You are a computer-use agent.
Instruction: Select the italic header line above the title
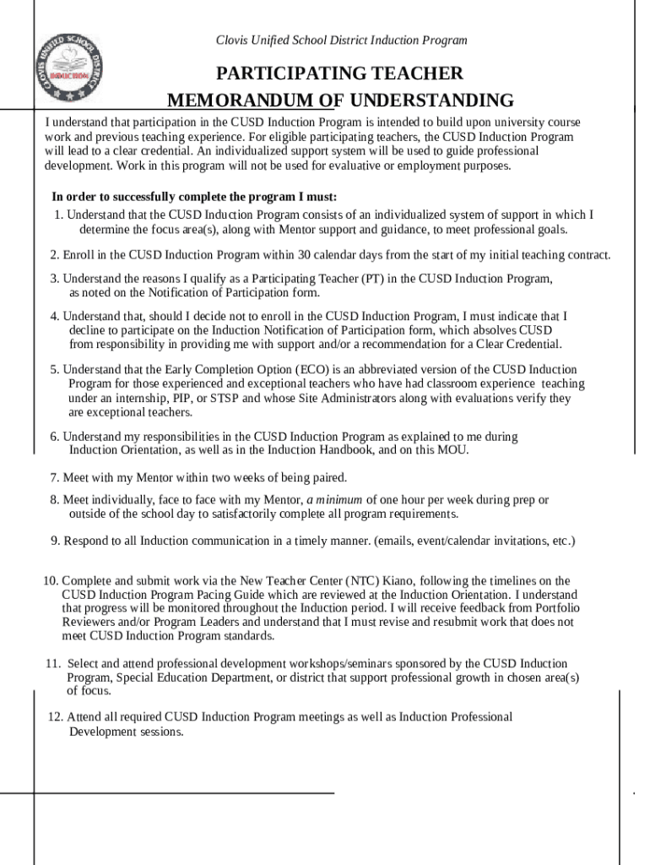341,41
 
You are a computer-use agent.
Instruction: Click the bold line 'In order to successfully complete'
194,197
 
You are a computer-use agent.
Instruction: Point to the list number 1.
57,215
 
